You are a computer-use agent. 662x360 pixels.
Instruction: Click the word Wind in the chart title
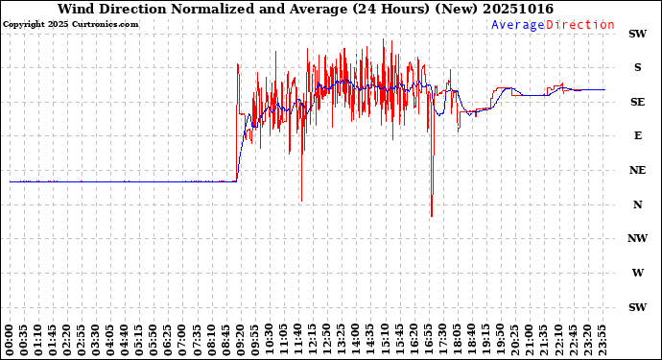(x=78, y=9)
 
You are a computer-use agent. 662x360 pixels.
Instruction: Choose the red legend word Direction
(x=580, y=25)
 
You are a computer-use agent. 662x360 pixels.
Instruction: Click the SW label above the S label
(x=637, y=34)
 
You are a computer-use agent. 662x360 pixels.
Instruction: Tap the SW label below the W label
(x=637, y=307)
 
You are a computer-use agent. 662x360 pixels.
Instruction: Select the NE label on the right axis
(x=637, y=170)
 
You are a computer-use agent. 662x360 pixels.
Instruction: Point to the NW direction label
(x=637, y=239)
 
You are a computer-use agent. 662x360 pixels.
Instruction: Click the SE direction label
(x=637, y=102)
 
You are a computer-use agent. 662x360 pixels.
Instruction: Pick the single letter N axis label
(x=637, y=204)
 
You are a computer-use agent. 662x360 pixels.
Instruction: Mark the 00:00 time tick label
(x=11, y=338)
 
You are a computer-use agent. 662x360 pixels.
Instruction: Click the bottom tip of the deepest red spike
(x=432, y=217)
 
